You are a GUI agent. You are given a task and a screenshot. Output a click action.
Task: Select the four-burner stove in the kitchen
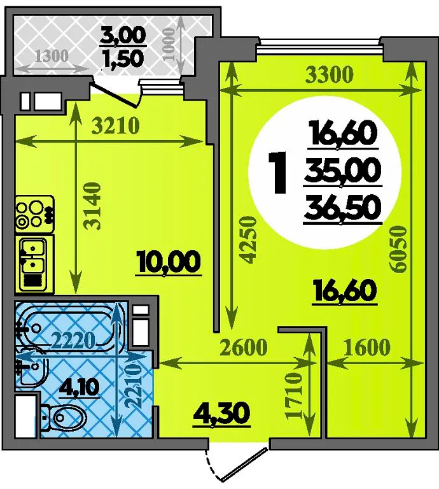[34, 214]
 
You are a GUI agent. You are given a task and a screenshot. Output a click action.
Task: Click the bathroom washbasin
[32, 371]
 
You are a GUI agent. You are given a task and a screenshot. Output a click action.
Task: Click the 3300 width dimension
[330, 75]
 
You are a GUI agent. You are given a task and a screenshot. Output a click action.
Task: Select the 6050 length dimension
[399, 250]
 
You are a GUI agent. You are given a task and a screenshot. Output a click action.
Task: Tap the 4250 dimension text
[249, 240]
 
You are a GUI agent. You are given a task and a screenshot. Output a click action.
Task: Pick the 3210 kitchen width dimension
[116, 126]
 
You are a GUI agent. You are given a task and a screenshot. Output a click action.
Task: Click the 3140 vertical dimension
[94, 206]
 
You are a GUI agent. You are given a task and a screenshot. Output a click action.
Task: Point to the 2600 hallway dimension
[244, 347]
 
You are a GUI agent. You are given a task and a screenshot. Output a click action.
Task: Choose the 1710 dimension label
[294, 395]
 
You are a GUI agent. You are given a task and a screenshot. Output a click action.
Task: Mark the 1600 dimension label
[367, 347]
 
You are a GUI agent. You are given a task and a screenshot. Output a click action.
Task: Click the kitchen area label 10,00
[169, 261]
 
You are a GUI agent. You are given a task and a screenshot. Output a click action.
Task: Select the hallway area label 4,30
[222, 413]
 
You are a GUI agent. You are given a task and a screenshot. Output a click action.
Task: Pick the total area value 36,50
[343, 208]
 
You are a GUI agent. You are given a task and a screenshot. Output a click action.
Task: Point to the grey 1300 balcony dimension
[52, 56]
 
